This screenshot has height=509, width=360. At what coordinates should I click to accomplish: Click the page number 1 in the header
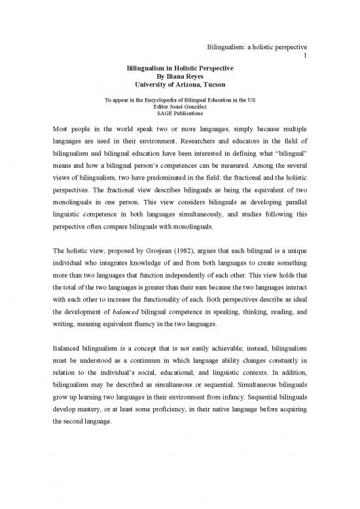(x=306, y=56)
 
